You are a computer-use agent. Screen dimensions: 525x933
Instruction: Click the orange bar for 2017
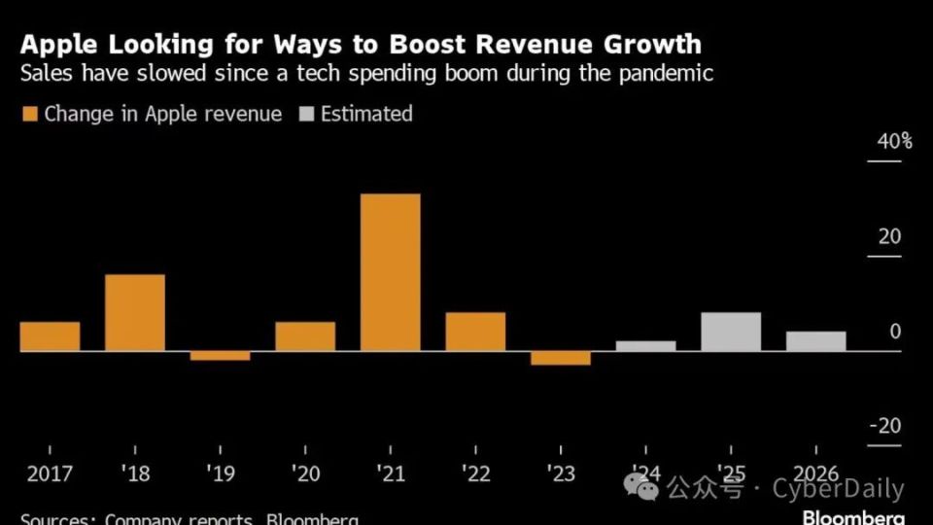(x=50, y=336)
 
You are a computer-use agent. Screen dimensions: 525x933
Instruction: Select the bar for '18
(x=135, y=313)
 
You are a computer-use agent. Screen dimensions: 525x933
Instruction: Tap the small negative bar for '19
(x=220, y=356)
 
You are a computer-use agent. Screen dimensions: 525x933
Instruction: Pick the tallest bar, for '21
(x=391, y=272)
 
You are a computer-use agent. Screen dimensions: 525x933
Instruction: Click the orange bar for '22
(x=475, y=332)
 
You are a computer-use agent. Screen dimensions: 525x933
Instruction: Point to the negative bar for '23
(x=561, y=358)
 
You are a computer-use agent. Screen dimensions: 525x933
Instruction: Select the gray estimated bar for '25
(x=731, y=332)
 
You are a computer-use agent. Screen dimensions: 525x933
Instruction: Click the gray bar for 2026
(x=815, y=341)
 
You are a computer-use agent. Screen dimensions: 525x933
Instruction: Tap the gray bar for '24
(x=645, y=346)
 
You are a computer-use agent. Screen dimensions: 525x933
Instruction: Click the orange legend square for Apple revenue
(x=29, y=115)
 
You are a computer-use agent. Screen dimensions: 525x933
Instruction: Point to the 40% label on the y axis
(x=894, y=142)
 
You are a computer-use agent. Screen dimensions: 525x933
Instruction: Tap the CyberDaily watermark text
(x=838, y=489)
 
